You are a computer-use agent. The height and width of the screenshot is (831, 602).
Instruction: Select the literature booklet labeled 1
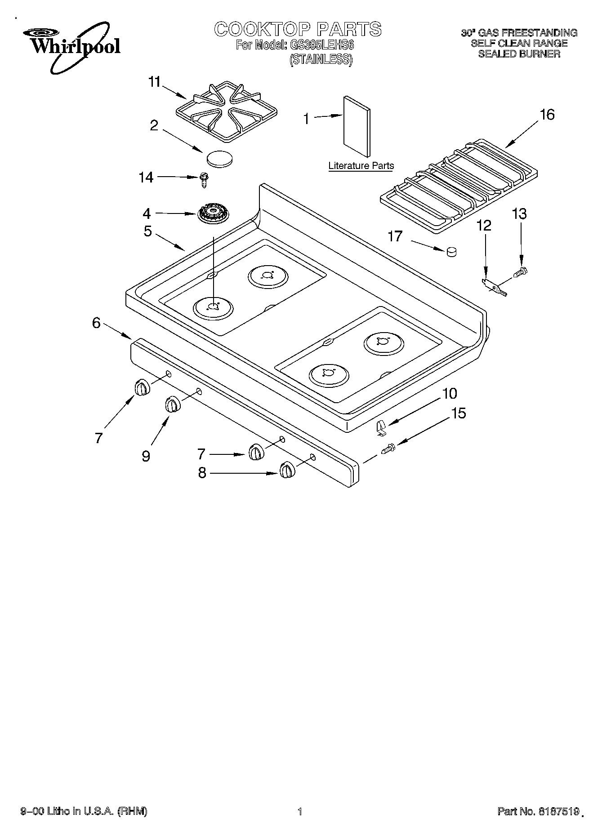[357, 128]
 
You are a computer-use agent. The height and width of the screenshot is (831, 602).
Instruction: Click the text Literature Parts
[361, 166]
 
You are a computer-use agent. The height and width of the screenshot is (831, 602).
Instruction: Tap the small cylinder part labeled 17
[451, 253]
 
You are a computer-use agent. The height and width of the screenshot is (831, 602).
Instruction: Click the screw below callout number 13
[521, 271]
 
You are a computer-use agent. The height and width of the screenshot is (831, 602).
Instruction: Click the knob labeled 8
[287, 470]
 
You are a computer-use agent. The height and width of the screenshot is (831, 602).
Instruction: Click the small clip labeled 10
[381, 427]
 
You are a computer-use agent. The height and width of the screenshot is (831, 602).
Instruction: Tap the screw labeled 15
[388, 448]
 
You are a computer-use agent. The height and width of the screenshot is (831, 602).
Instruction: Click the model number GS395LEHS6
[321, 45]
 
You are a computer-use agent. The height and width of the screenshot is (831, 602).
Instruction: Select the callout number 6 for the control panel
[97, 323]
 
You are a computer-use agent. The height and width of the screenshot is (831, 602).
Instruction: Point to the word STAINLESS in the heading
[320, 59]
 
